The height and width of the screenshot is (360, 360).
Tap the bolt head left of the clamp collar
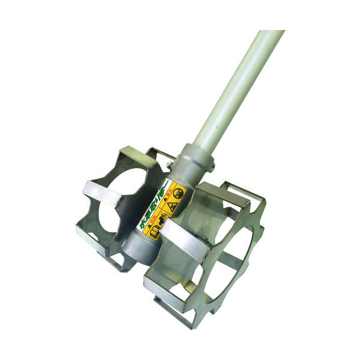point(170,164)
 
